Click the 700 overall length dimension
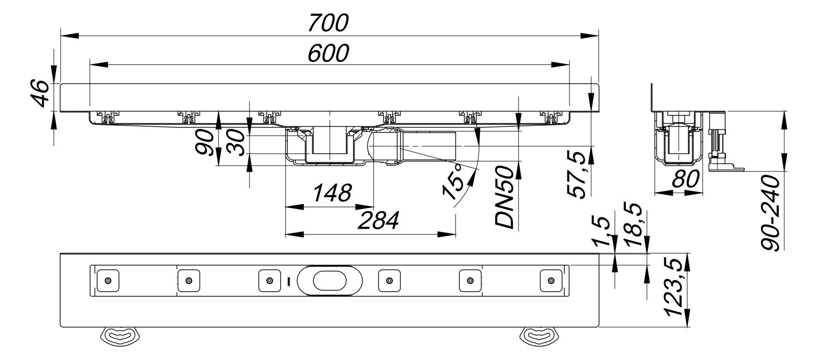[x=328, y=23]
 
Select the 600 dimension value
[x=328, y=53]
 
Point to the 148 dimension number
[x=332, y=194]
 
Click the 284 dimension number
[x=378, y=221]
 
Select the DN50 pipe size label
[x=505, y=197]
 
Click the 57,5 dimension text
[x=577, y=174]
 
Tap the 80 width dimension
[x=685, y=179]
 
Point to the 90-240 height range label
[x=770, y=213]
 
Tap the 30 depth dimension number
[x=236, y=143]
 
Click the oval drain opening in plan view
[x=329, y=281]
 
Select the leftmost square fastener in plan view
[x=108, y=281]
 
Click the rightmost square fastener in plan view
[x=551, y=281]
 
